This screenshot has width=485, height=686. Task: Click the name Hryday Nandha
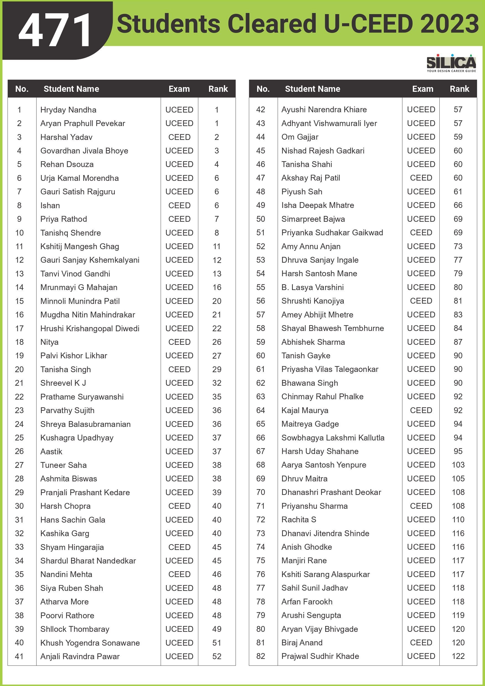pyautogui.click(x=68, y=110)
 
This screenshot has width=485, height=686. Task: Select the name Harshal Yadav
pyautogui.click(x=66, y=137)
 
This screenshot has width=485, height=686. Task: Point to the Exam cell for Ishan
pyautogui.click(x=179, y=205)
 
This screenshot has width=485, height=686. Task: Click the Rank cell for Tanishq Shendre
pyautogui.click(x=217, y=233)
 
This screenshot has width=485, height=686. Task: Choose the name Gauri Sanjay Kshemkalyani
pyautogui.click(x=90, y=260)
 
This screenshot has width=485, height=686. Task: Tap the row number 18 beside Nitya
pyautogui.click(x=19, y=342)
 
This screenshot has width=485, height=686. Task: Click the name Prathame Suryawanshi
pyautogui.click(x=82, y=397)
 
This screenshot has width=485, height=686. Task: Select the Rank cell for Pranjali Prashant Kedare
pyautogui.click(x=217, y=492)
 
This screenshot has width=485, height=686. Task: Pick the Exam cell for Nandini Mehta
pyautogui.click(x=179, y=574)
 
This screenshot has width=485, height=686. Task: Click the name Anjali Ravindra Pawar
pyautogui.click(x=80, y=656)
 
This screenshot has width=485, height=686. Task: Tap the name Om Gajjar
pyautogui.click(x=300, y=137)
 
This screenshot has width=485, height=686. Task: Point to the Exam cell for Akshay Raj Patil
pyautogui.click(x=421, y=178)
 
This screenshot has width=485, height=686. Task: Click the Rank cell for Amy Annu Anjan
pyautogui.click(x=458, y=246)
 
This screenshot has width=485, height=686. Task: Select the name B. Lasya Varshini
pyautogui.click(x=312, y=287)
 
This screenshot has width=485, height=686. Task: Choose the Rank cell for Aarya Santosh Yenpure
pyautogui.click(x=458, y=465)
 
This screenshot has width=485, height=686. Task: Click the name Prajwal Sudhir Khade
pyautogui.click(x=320, y=656)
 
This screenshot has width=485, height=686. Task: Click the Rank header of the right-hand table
pyautogui.click(x=459, y=89)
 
